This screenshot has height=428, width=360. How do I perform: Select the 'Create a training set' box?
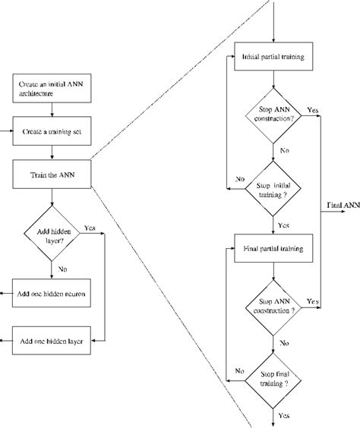click(52, 131)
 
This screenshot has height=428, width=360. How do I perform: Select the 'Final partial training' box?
click(272, 248)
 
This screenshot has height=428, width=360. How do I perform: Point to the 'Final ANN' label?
click(343, 205)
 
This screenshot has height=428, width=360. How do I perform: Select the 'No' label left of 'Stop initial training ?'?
click(239, 179)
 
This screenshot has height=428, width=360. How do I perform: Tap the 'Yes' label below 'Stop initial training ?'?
click(283, 225)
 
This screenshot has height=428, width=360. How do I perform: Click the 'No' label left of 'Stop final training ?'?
click(239, 370)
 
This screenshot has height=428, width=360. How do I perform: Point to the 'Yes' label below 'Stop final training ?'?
click(283, 416)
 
